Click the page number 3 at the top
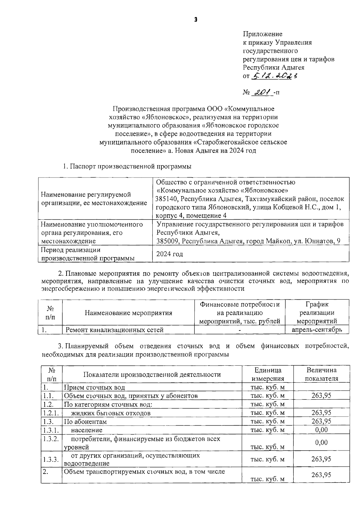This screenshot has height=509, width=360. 196,20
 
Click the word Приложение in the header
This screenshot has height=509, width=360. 262,34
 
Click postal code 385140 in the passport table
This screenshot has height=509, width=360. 167,199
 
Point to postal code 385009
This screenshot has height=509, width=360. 168,241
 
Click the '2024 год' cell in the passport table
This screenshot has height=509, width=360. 169,254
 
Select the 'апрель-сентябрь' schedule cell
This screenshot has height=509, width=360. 316,330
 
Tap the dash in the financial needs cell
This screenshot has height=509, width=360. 239,330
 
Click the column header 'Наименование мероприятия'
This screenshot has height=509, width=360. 128,313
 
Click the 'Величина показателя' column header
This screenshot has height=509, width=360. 321,374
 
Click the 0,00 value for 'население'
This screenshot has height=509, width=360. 321,430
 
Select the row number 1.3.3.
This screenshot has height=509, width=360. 51,459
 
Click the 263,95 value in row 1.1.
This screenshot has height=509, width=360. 321,395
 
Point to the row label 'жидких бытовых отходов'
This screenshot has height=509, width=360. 110,413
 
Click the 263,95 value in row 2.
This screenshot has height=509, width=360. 321,475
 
